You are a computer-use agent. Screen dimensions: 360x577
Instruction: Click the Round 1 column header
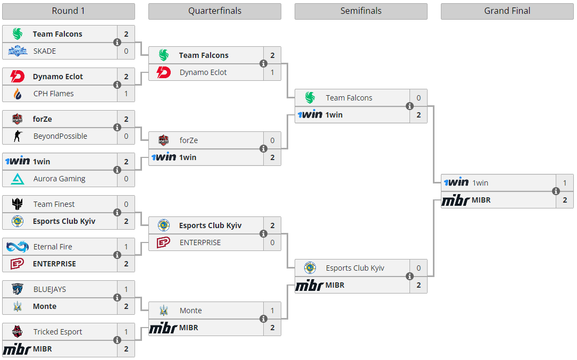(68, 11)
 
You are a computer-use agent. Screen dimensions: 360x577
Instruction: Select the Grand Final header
(507, 11)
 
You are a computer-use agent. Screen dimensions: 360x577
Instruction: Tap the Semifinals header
(361, 11)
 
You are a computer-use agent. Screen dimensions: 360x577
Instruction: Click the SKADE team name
(44, 51)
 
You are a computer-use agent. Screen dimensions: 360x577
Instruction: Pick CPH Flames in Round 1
(53, 94)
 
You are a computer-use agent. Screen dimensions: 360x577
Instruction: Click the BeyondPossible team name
(60, 136)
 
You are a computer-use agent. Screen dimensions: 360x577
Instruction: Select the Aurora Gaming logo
(18, 179)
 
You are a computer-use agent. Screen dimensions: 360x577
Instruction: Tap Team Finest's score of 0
(126, 204)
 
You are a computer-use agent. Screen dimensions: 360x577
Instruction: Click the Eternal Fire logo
(18, 247)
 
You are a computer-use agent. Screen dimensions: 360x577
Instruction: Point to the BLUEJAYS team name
(49, 289)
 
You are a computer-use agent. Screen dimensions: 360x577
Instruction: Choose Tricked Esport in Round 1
(57, 332)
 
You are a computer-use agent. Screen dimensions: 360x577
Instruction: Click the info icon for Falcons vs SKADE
(117, 43)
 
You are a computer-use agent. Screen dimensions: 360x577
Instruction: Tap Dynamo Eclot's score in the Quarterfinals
(272, 72)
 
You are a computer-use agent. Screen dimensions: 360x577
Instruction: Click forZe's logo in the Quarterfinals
(164, 140)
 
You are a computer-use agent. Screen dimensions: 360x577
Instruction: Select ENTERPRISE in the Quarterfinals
(200, 242)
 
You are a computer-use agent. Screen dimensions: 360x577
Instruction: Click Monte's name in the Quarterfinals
(190, 311)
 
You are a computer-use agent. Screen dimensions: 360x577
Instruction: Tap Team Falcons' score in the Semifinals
(419, 98)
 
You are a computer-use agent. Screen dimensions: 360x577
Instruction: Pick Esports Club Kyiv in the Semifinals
(355, 268)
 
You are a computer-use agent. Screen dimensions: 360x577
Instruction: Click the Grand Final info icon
(556, 191)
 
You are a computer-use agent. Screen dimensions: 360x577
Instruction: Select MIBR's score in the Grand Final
(565, 200)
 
